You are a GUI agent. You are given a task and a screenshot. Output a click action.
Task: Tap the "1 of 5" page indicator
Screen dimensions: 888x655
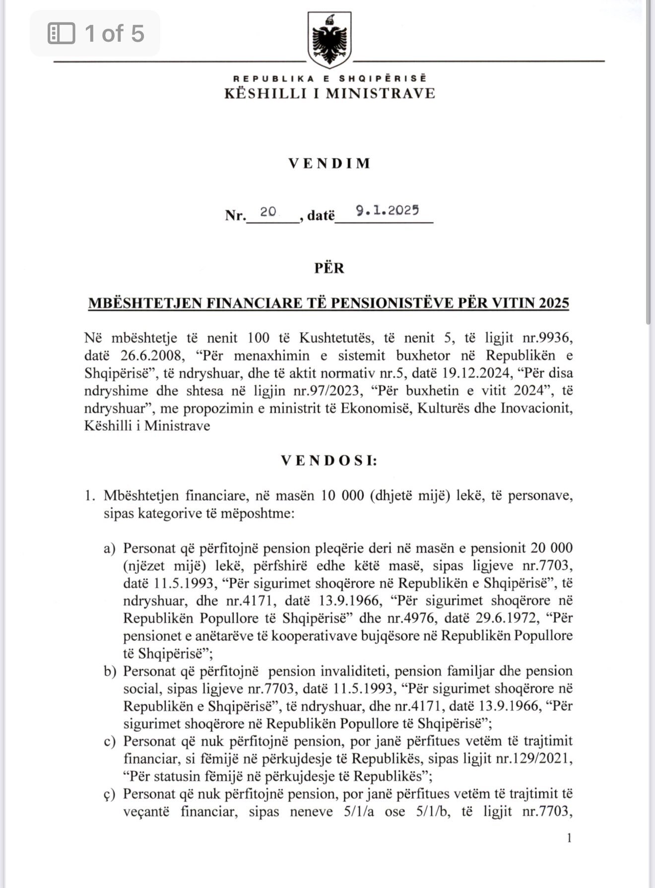tap(114, 33)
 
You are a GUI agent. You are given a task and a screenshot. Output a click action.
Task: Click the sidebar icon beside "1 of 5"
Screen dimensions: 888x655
tap(61, 34)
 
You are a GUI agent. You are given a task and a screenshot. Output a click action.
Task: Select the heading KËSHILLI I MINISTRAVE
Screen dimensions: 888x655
tap(329, 93)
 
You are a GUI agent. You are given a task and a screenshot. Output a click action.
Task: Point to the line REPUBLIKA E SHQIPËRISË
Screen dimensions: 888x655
tap(329, 78)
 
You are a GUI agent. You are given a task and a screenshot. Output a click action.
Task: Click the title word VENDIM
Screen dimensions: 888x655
tap(329, 163)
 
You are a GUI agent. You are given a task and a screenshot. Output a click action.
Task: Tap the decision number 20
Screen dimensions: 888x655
tap(268, 211)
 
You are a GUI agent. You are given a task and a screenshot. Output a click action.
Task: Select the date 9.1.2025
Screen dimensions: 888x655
tap(388, 210)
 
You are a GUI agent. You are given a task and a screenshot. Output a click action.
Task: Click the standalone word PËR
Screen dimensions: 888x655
tap(329, 268)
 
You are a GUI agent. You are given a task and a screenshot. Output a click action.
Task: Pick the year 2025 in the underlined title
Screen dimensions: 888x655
tap(550, 302)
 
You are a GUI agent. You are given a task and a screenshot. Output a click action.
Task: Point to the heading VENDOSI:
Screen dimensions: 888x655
tap(329, 461)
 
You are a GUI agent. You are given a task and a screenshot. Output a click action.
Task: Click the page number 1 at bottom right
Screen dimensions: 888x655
tap(569, 838)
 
